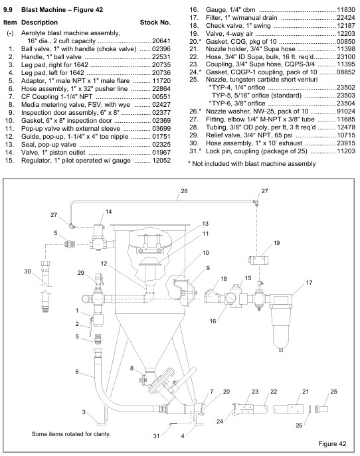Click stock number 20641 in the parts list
point(161,41)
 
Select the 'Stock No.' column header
point(155,23)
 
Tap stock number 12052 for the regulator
point(161,160)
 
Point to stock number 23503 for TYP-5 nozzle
point(346,96)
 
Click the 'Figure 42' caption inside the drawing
point(332,443)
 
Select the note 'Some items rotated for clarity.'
point(71,434)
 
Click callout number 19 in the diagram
point(276,242)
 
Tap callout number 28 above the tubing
point(184,191)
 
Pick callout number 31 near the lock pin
point(156,435)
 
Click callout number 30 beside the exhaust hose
point(27,271)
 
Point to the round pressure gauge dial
point(232,299)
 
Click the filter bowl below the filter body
point(281,327)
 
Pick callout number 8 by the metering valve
point(132,368)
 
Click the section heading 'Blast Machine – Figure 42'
point(62,9)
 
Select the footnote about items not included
point(252,164)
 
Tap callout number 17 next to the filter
point(309,282)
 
